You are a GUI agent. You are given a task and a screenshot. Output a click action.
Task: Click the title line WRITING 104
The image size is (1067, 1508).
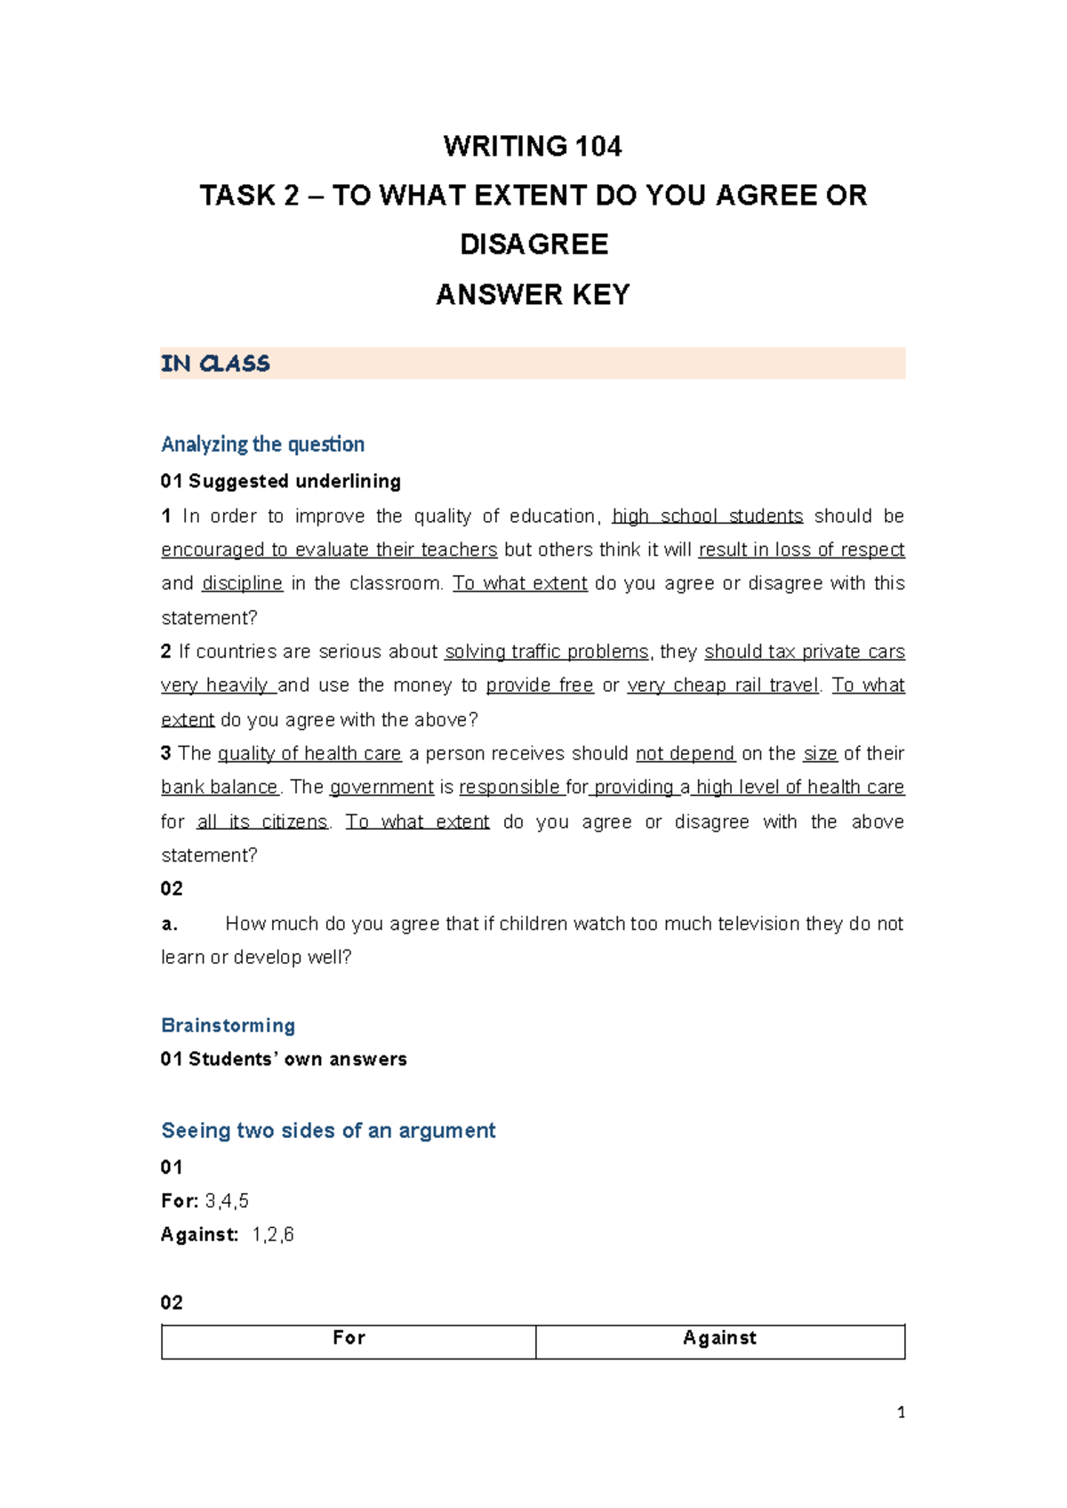(533, 146)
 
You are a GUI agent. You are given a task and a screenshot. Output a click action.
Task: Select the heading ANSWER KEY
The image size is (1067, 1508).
(533, 294)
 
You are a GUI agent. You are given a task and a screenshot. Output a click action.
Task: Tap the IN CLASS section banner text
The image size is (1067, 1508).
(215, 364)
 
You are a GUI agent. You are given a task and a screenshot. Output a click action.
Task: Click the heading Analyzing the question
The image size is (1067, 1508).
(262, 444)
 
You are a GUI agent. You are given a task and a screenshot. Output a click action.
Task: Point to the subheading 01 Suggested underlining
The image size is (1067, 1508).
(280, 481)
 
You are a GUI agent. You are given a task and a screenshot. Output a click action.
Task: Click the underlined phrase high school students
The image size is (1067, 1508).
(708, 516)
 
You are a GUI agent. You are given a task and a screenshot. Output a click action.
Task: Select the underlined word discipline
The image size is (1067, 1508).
(242, 583)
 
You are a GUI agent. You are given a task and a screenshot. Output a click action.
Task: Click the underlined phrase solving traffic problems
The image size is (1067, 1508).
(547, 652)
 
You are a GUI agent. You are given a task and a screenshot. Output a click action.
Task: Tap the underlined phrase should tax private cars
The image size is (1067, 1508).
(804, 652)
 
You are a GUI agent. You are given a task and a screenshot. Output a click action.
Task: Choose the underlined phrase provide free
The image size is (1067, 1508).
(540, 686)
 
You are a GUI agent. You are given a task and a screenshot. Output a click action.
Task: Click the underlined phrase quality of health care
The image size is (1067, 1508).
(309, 754)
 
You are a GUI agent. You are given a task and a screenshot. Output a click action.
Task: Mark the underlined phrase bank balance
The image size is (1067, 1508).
(220, 788)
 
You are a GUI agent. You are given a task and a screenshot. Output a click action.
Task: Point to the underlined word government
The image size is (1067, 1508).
(381, 788)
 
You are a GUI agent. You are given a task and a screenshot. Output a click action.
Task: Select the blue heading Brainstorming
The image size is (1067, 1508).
(228, 1025)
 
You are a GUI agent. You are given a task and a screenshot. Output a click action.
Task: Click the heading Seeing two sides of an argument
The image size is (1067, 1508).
(328, 1130)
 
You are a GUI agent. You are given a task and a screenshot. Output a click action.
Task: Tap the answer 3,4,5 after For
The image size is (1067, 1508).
(227, 1201)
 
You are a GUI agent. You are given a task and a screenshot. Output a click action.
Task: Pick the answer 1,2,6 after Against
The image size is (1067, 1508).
(273, 1235)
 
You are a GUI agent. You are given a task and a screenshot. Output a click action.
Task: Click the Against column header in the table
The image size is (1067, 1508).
(719, 1338)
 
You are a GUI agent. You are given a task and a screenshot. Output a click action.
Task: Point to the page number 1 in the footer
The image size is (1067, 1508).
(901, 1413)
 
